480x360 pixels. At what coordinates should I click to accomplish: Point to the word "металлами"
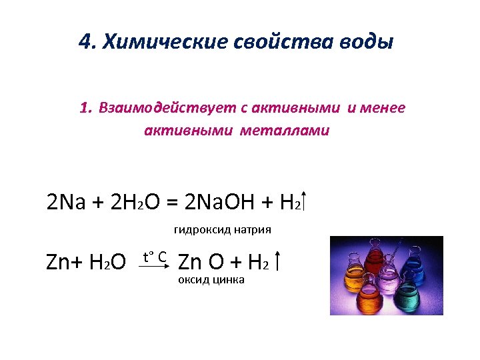[x=293, y=131]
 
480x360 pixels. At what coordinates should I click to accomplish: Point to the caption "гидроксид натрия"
[x=223, y=230]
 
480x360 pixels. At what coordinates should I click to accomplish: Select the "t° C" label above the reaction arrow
[x=155, y=255]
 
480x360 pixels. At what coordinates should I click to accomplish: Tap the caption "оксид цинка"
[x=211, y=280]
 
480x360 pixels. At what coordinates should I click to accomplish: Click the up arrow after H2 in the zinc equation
[x=278, y=262]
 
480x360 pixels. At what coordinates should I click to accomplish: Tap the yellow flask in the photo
[x=353, y=280]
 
